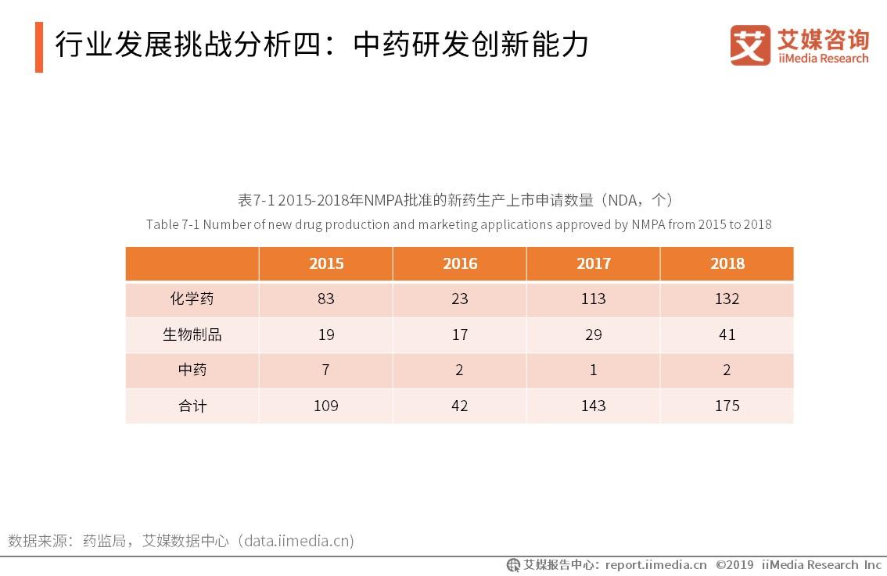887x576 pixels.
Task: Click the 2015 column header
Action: click(x=326, y=264)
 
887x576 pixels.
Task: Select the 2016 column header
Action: click(x=460, y=264)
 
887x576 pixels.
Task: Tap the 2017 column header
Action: click(x=594, y=264)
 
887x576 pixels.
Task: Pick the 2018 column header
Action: click(x=727, y=264)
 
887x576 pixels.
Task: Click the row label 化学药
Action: click(x=192, y=299)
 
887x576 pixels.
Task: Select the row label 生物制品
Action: click(x=192, y=335)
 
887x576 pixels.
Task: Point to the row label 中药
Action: click(x=192, y=370)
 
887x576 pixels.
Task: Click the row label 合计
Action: click(x=192, y=406)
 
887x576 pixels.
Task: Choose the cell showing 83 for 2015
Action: click(x=326, y=299)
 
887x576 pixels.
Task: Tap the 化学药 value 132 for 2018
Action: click(x=727, y=299)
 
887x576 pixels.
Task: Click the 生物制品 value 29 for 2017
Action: click(x=594, y=335)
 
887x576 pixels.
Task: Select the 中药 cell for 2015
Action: click(x=326, y=370)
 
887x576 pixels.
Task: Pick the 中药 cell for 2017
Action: click(x=594, y=370)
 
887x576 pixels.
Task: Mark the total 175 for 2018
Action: click(x=727, y=406)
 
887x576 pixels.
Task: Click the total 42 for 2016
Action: click(x=460, y=406)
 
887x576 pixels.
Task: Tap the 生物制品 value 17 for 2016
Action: click(x=460, y=335)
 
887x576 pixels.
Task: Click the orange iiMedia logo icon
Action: click(x=749, y=45)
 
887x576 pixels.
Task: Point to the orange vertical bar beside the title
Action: click(x=39, y=47)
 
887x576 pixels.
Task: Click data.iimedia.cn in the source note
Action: click(x=297, y=541)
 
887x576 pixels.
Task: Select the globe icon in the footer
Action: click(x=513, y=565)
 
